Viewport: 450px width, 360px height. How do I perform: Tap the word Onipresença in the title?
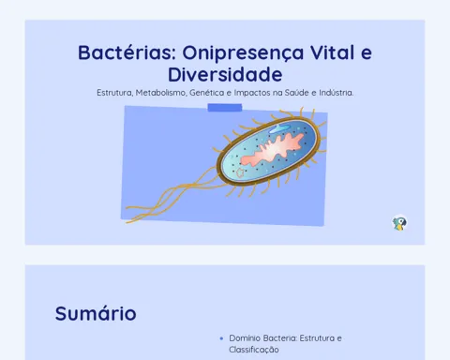[243, 53]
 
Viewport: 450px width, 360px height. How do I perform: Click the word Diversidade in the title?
[225, 74]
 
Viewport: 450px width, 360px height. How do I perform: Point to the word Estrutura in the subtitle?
[114, 93]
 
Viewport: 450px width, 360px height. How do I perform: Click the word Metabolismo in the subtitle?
[161, 93]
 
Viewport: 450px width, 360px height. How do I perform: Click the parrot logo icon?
[399, 223]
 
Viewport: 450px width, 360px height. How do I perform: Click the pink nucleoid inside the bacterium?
[272, 150]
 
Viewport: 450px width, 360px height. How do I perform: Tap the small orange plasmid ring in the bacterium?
[240, 172]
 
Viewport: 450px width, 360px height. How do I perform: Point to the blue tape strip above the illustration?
[225, 108]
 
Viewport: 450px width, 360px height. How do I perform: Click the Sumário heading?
[96, 313]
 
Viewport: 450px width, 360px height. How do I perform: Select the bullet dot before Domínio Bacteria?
[221, 338]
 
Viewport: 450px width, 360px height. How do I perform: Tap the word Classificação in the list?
[254, 350]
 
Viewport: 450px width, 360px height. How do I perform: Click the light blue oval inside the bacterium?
[279, 128]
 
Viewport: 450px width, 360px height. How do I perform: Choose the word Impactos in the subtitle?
[251, 93]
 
